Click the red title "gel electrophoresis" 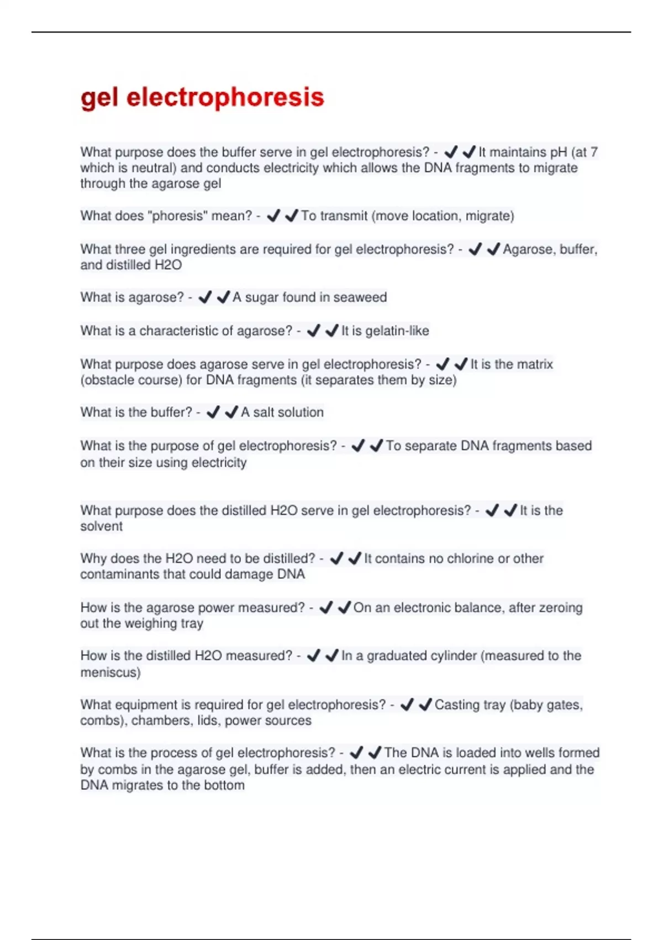point(202,97)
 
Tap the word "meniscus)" point(110,672)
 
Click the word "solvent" point(101,526)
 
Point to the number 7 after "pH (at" point(594,152)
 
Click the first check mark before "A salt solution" point(213,412)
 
